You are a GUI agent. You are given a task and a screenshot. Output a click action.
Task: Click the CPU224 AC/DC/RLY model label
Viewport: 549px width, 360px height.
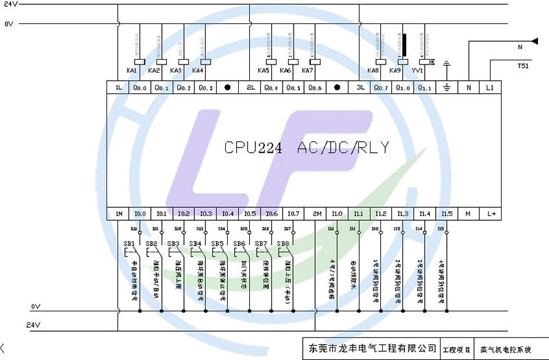[x=307, y=147]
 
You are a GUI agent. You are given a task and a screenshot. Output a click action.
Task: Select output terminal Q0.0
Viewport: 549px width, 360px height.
[x=140, y=88]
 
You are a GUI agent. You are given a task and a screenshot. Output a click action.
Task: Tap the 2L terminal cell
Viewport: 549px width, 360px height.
[x=251, y=88]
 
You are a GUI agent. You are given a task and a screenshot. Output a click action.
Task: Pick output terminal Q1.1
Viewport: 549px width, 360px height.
[x=425, y=88]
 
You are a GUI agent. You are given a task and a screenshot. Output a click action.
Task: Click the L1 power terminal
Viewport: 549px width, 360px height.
[x=490, y=88]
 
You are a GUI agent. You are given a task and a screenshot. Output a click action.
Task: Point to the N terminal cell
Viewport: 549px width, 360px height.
[x=469, y=88]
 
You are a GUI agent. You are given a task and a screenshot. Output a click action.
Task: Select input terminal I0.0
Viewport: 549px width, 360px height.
[x=140, y=214]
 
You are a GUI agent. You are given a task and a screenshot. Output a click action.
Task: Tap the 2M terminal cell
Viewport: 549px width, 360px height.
[x=317, y=214]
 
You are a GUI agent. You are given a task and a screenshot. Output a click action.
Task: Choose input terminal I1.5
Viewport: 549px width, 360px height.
[x=447, y=214]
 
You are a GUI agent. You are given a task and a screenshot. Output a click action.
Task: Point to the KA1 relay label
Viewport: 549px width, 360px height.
[x=132, y=71]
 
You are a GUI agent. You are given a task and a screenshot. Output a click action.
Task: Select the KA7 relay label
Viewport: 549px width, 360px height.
[x=307, y=71]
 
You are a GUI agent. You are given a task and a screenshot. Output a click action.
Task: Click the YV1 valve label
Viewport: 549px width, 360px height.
[x=417, y=71]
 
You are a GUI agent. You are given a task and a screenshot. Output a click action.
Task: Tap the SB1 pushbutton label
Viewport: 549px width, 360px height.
[x=128, y=243]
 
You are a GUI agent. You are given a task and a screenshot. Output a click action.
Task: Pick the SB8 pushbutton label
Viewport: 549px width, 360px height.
[x=282, y=243]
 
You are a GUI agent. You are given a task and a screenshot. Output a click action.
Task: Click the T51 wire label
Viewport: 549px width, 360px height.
[x=523, y=67]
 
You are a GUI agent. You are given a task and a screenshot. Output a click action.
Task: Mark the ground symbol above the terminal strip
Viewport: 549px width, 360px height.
[x=447, y=66]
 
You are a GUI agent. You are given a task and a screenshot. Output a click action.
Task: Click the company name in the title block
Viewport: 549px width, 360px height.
[x=369, y=348]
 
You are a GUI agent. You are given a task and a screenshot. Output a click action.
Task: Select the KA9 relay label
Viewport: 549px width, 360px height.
[x=395, y=71]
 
